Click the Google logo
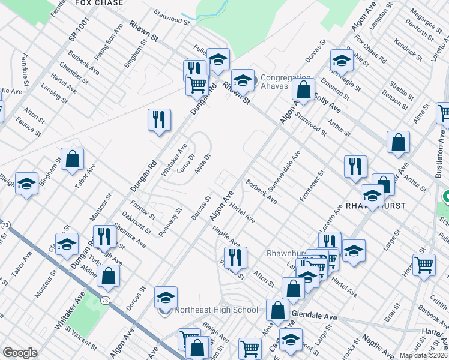20,353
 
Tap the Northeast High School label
215,310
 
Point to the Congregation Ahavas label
285,82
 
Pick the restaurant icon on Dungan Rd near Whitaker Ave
159,119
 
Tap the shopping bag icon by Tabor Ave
72,160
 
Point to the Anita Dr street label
203,163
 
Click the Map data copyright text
423,355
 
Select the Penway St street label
171,220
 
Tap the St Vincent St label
81,338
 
